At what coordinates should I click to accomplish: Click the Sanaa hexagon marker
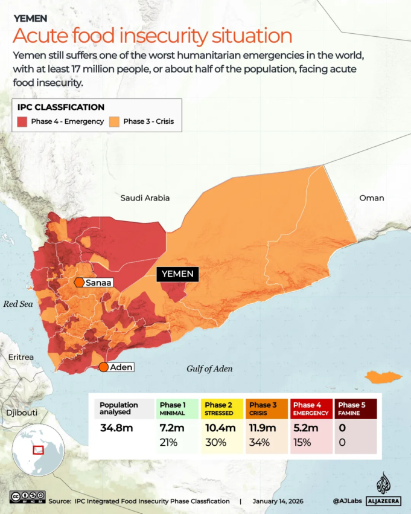point(79,283)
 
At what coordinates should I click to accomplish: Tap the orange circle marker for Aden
point(104,367)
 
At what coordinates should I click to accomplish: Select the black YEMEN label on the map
point(178,274)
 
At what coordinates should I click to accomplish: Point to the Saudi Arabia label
point(145,198)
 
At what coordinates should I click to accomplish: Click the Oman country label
point(371,198)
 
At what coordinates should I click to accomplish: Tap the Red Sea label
point(18,304)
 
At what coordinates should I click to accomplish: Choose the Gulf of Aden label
point(209,369)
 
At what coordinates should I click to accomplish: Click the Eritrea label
point(21,357)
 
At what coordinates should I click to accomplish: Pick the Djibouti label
point(21,413)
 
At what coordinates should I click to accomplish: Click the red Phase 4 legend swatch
point(22,121)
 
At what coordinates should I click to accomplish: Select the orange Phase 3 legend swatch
point(114,121)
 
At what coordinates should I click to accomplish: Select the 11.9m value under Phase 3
point(263,428)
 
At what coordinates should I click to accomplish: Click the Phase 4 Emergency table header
point(311,409)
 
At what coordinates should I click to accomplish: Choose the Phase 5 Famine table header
point(356,409)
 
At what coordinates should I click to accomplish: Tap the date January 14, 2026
point(279,501)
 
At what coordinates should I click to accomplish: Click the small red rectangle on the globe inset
point(38,450)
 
